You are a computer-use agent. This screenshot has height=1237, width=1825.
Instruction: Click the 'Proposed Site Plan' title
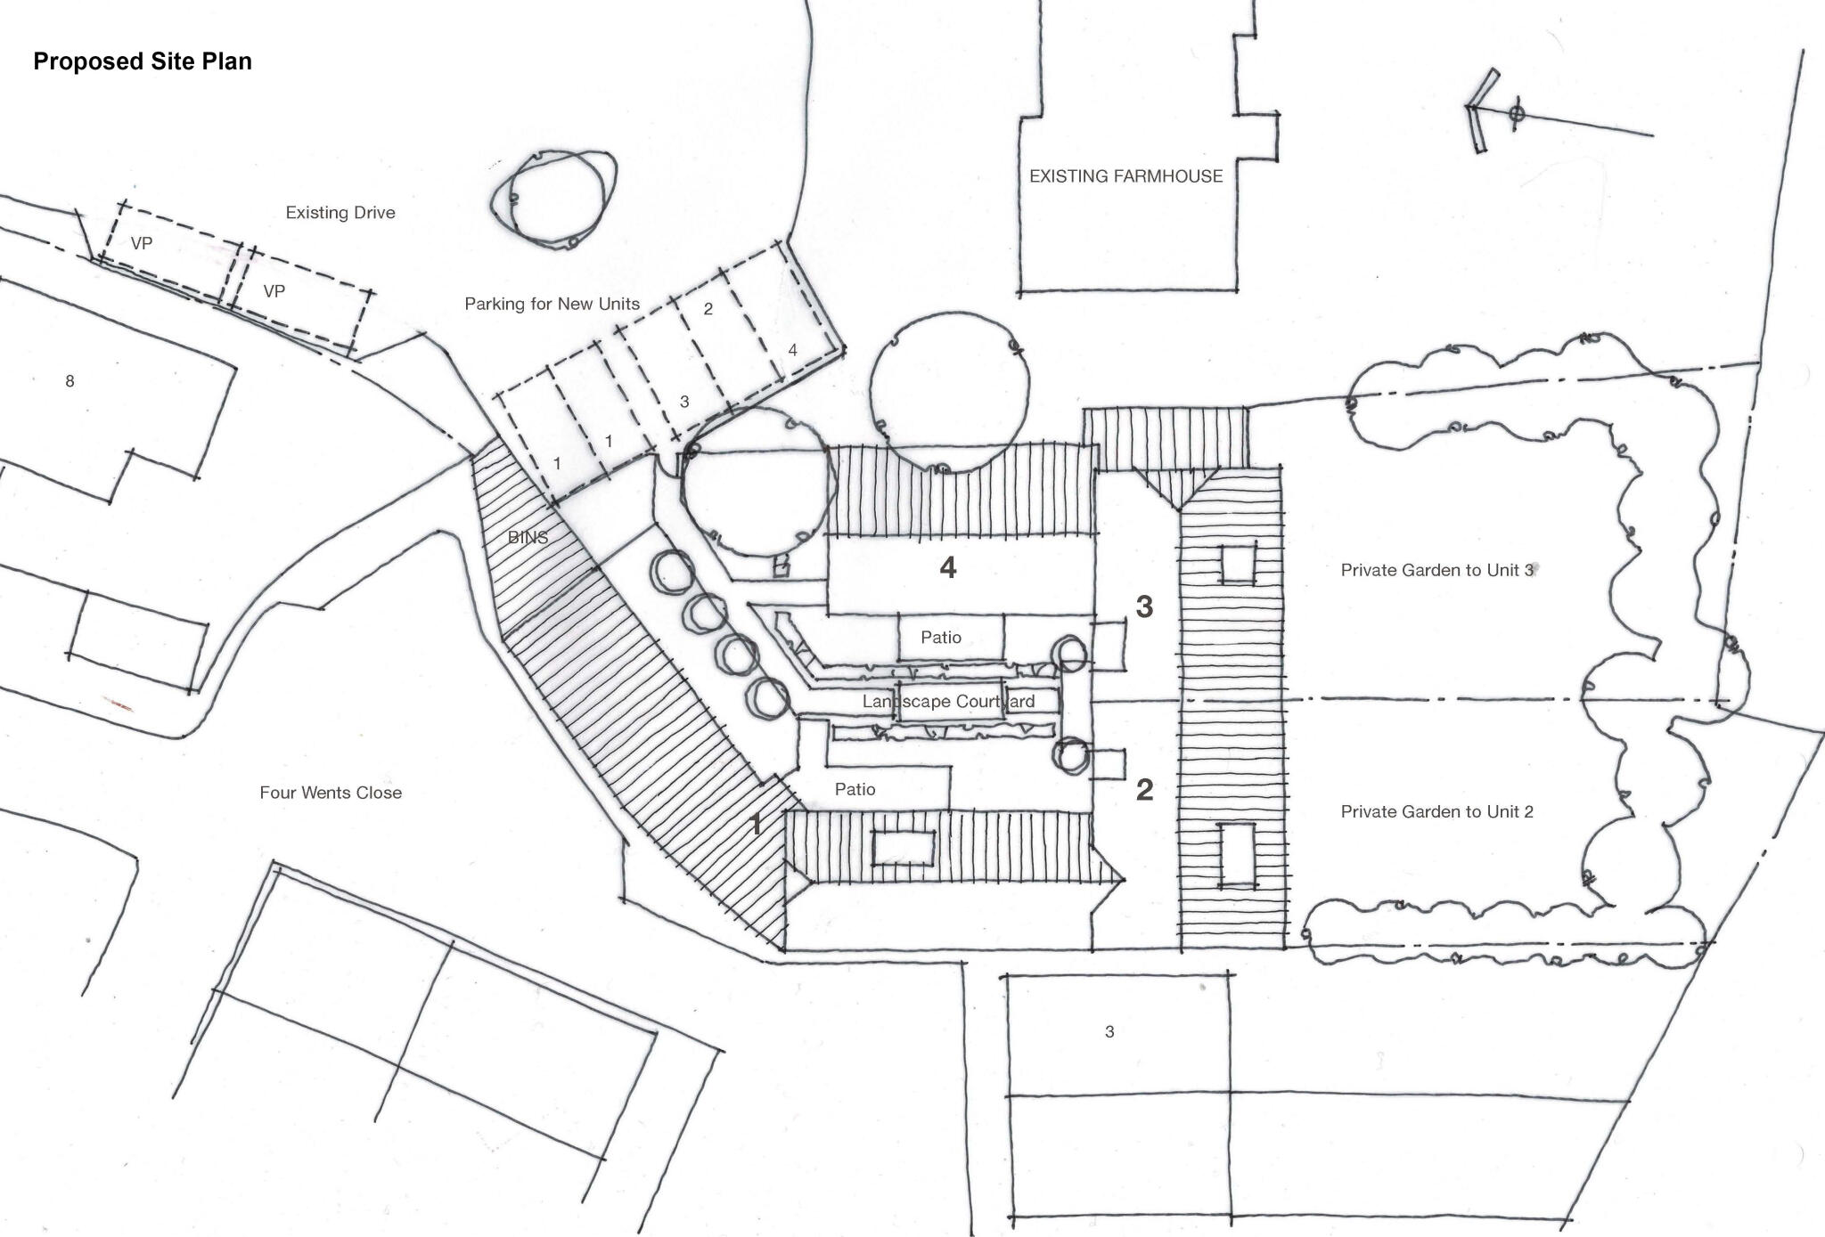tap(143, 61)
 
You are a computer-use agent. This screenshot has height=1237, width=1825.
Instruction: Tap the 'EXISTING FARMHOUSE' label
tap(1125, 176)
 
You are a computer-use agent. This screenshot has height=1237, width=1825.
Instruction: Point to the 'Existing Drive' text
tap(340, 213)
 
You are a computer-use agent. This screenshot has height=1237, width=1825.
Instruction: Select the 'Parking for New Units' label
tap(552, 304)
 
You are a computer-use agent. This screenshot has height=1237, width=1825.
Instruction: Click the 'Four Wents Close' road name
tap(331, 793)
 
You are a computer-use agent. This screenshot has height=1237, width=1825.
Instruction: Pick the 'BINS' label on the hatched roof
tap(528, 538)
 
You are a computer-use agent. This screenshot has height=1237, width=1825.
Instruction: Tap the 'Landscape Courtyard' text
tap(948, 702)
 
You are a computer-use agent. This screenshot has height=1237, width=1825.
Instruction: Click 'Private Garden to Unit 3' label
tap(1436, 570)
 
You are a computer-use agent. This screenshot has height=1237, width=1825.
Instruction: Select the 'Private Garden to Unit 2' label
tap(1436, 811)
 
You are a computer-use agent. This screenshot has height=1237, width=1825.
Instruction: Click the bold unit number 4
tap(948, 567)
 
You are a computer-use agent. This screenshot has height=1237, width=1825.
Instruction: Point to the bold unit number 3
tap(1144, 607)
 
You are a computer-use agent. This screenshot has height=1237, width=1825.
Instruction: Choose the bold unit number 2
tap(1144, 790)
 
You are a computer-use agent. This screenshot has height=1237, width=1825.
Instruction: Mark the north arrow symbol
tap(1515, 114)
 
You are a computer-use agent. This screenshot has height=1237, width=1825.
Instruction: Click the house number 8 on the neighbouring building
tap(70, 381)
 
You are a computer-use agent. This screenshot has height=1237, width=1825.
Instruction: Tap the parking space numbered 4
tap(792, 350)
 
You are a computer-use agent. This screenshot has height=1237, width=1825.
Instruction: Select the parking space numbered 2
tap(708, 309)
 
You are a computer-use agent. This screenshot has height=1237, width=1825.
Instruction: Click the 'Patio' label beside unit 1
tap(855, 789)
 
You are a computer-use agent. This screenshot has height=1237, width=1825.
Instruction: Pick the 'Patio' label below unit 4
tap(941, 638)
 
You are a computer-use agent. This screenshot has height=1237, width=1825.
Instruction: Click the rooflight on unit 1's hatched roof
tap(903, 847)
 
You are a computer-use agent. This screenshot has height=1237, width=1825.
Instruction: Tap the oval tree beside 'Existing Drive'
tap(554, 199)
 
